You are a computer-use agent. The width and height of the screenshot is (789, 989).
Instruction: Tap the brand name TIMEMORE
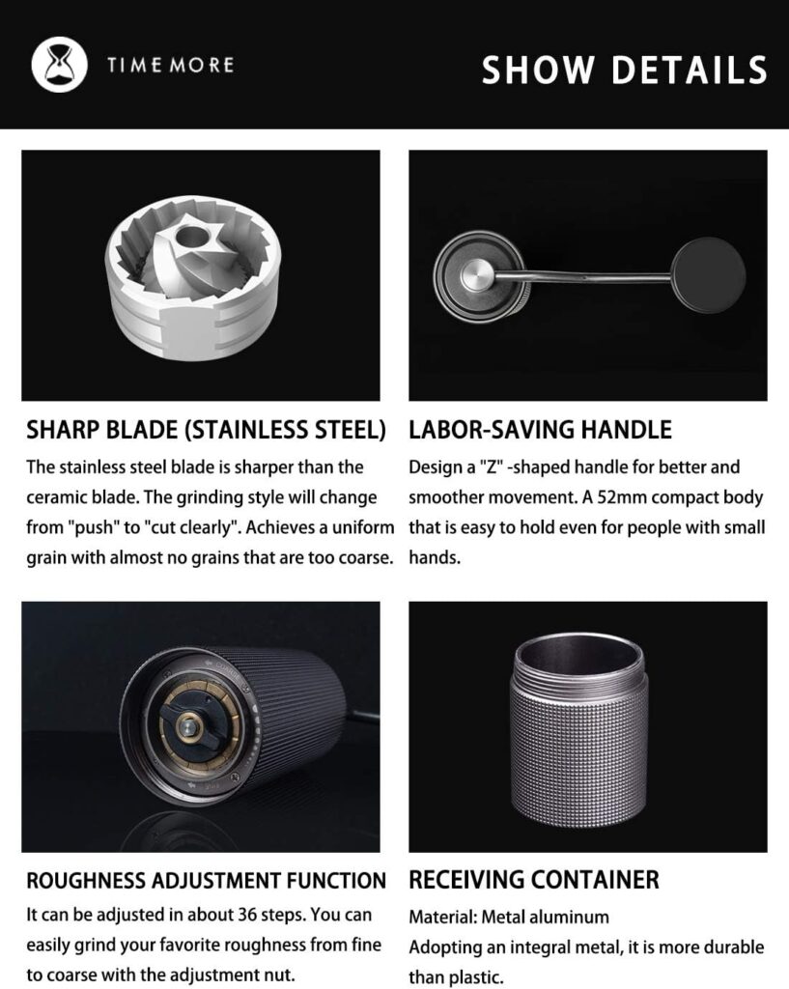(x=170, y=66)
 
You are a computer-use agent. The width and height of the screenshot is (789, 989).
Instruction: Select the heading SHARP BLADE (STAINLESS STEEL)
(x=207, y=429)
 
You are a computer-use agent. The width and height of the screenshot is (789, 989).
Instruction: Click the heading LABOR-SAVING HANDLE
(x=540, y=429)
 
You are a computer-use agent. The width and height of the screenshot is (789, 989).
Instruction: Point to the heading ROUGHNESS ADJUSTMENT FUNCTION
(x=206, y=880)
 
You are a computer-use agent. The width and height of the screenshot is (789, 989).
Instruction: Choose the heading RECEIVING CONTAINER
(x=534, y=880)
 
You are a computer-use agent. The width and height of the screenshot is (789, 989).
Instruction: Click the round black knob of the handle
(x=707, y=275)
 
